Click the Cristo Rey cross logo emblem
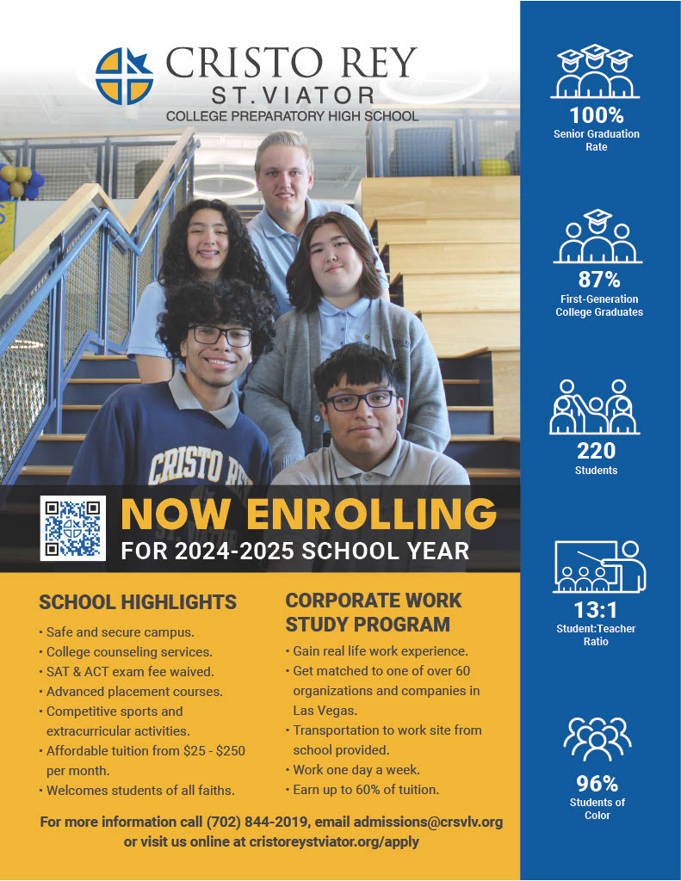point(123,77)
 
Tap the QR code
point(73,528)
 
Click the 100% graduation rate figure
point(596,114)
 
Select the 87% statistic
point(599,280)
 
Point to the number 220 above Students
point(596,451)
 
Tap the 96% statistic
point(597,783)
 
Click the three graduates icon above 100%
point(596,71)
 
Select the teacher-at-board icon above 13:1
point(599,566)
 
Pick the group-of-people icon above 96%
point(597,738)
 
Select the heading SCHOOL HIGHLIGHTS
point(138,601)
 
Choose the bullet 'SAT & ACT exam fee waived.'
point(130,671)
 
